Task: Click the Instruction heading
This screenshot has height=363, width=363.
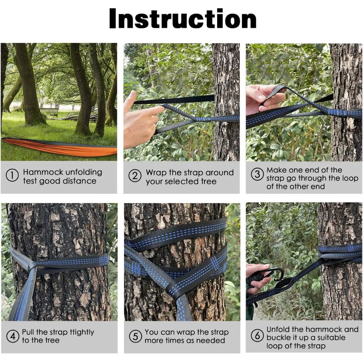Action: coord(183,18)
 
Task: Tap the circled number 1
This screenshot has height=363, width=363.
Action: coord(12,175)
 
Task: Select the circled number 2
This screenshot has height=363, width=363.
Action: coord(135,176)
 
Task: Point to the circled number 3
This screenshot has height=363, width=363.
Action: coord(257,174)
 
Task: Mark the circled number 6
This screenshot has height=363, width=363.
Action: coord(257,335)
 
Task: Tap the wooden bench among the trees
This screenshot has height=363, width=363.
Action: coord(49,112)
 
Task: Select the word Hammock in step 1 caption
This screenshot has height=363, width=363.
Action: coord(43,172)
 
